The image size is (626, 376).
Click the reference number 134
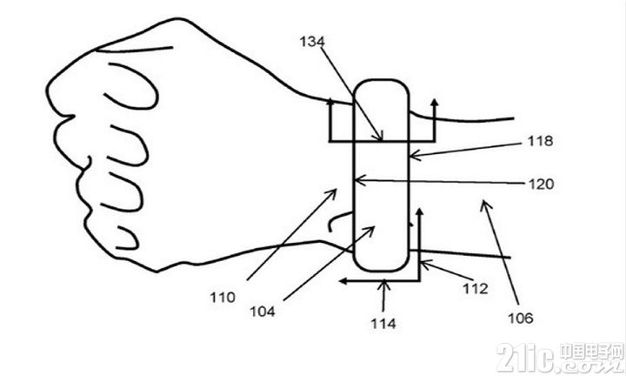312,42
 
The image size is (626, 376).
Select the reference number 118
540,141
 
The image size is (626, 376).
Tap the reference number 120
542,184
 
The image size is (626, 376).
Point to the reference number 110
223,298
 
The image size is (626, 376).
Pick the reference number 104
263,312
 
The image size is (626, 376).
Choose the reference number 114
383,323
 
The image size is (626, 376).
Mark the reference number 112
475,288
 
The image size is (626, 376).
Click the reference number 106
521,318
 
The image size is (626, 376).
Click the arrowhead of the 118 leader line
411,156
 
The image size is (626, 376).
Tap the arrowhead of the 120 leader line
356,181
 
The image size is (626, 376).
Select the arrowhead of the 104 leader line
373,227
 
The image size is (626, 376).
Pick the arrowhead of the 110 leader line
336,191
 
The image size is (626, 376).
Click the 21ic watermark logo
560,358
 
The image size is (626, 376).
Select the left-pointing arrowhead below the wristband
342,281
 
